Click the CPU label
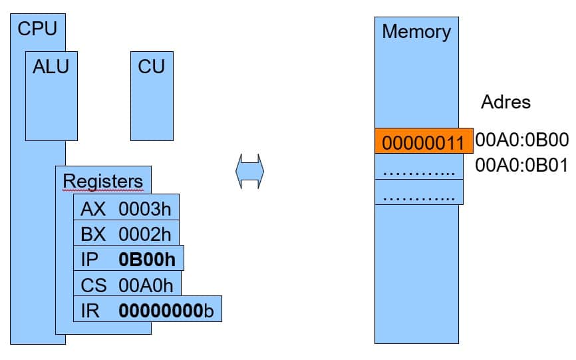click(37, 29)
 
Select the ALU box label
click(51, 67)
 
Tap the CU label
click(152, 67)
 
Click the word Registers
click(103, 181)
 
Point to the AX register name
click(93, 209)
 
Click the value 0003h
click(145, 209)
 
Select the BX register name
click(93, 234)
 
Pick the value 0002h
click(145, 234)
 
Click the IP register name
click(90, 260)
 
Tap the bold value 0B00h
click(147, 260)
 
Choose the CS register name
click(94, 285)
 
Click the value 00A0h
click(146, 285)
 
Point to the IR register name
click(90, 311)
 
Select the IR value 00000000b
click(166, 311)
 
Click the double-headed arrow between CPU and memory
click(250, 171)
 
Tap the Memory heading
click(416, 31)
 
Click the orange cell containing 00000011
click(424, 140)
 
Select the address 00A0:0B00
click(521, 140)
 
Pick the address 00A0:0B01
click(521, 165)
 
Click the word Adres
click(506, 102)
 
